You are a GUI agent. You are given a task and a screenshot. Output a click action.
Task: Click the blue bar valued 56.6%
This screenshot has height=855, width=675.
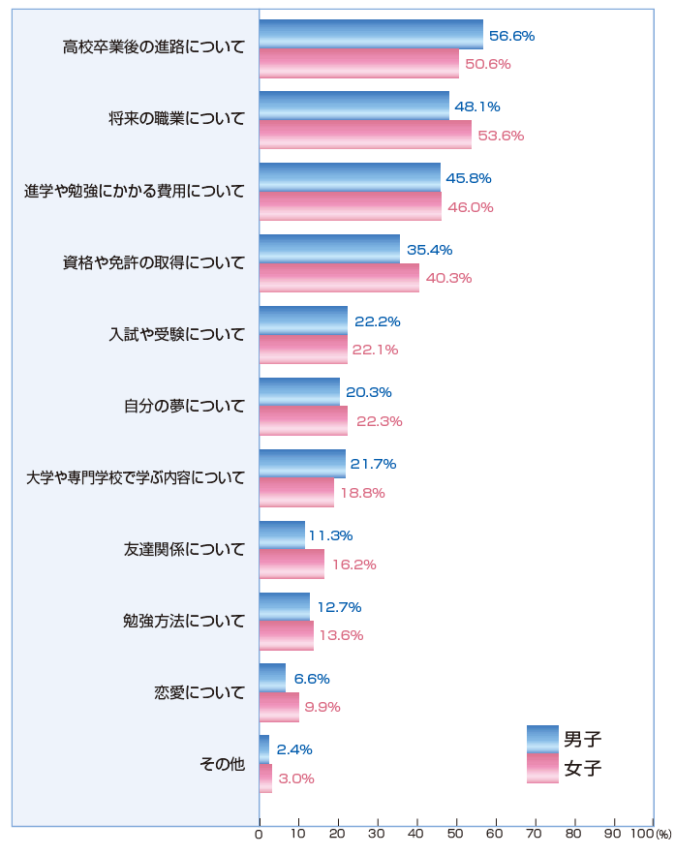pyautogui.click(x=371, y=35)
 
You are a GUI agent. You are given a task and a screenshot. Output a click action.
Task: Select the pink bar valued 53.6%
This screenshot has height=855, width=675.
pyautogui.click(x=365, y=135)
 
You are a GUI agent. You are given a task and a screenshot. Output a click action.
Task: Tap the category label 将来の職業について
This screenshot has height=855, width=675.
pyautogui.click(x=177, y=120)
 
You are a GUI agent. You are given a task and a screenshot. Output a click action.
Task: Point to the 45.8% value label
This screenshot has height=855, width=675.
pyautogui.click(x=470, y=178)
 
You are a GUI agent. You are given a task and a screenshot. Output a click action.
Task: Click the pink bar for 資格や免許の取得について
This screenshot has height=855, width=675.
pyautogui.click(x=339, y=278)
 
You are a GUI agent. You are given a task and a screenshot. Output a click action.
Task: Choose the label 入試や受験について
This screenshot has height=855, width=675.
pyautogui.click(x=177, y=335)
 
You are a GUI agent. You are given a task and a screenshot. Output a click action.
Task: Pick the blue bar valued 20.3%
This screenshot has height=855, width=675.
pyautogui.click(x=299, y=392)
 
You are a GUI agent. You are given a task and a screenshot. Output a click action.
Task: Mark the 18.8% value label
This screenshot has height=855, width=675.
pyautogui.click(x=362, y=492)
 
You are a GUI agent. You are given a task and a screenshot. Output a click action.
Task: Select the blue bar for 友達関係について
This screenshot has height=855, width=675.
pyautogui.click(x=282, y=535)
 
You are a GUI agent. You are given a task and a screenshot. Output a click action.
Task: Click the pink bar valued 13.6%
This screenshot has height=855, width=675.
pyautogui.click(x=287, y=635)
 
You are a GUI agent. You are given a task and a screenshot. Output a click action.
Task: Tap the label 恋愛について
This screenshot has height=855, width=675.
pyautogui.click(x=199, y=692)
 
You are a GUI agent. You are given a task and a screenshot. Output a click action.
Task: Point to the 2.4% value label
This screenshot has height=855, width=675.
pyautogui.click(x=294, y=749)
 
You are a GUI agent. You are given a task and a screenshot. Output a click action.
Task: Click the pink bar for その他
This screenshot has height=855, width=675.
pyautogui.click(x=265, y=778)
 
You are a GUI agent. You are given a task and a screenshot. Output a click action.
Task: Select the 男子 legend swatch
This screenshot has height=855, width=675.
pyautogui.click(x=542, y=739)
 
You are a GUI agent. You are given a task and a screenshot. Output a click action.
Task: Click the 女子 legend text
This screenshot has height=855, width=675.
pyautogui.click(x=583, y=768)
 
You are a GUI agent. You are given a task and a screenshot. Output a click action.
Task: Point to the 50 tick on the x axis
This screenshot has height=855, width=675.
pyautogui.click(x=456, y=833)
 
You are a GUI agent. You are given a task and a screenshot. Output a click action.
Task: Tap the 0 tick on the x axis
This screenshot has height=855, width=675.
pyautogui.click(x=259, y=833)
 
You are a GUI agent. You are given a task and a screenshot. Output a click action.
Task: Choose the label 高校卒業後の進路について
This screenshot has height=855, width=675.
pyautogui.click(x=154, y=48)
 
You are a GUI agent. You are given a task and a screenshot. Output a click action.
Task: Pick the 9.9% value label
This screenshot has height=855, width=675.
pyautogui.click(x=322, y=707)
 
